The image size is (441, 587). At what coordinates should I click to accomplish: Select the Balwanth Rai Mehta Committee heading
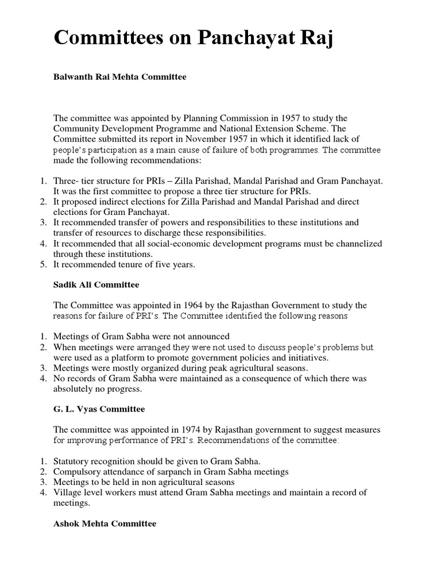120,77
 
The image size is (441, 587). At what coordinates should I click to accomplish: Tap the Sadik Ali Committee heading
96,284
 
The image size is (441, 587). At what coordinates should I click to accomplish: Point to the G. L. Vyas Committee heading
99,409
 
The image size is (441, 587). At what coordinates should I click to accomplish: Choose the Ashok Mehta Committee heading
105,523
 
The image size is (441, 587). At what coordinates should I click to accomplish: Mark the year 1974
194,430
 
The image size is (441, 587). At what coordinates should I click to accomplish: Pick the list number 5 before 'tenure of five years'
43,264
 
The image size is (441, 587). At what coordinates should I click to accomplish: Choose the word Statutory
71,461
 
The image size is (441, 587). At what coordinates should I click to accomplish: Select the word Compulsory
75,471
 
